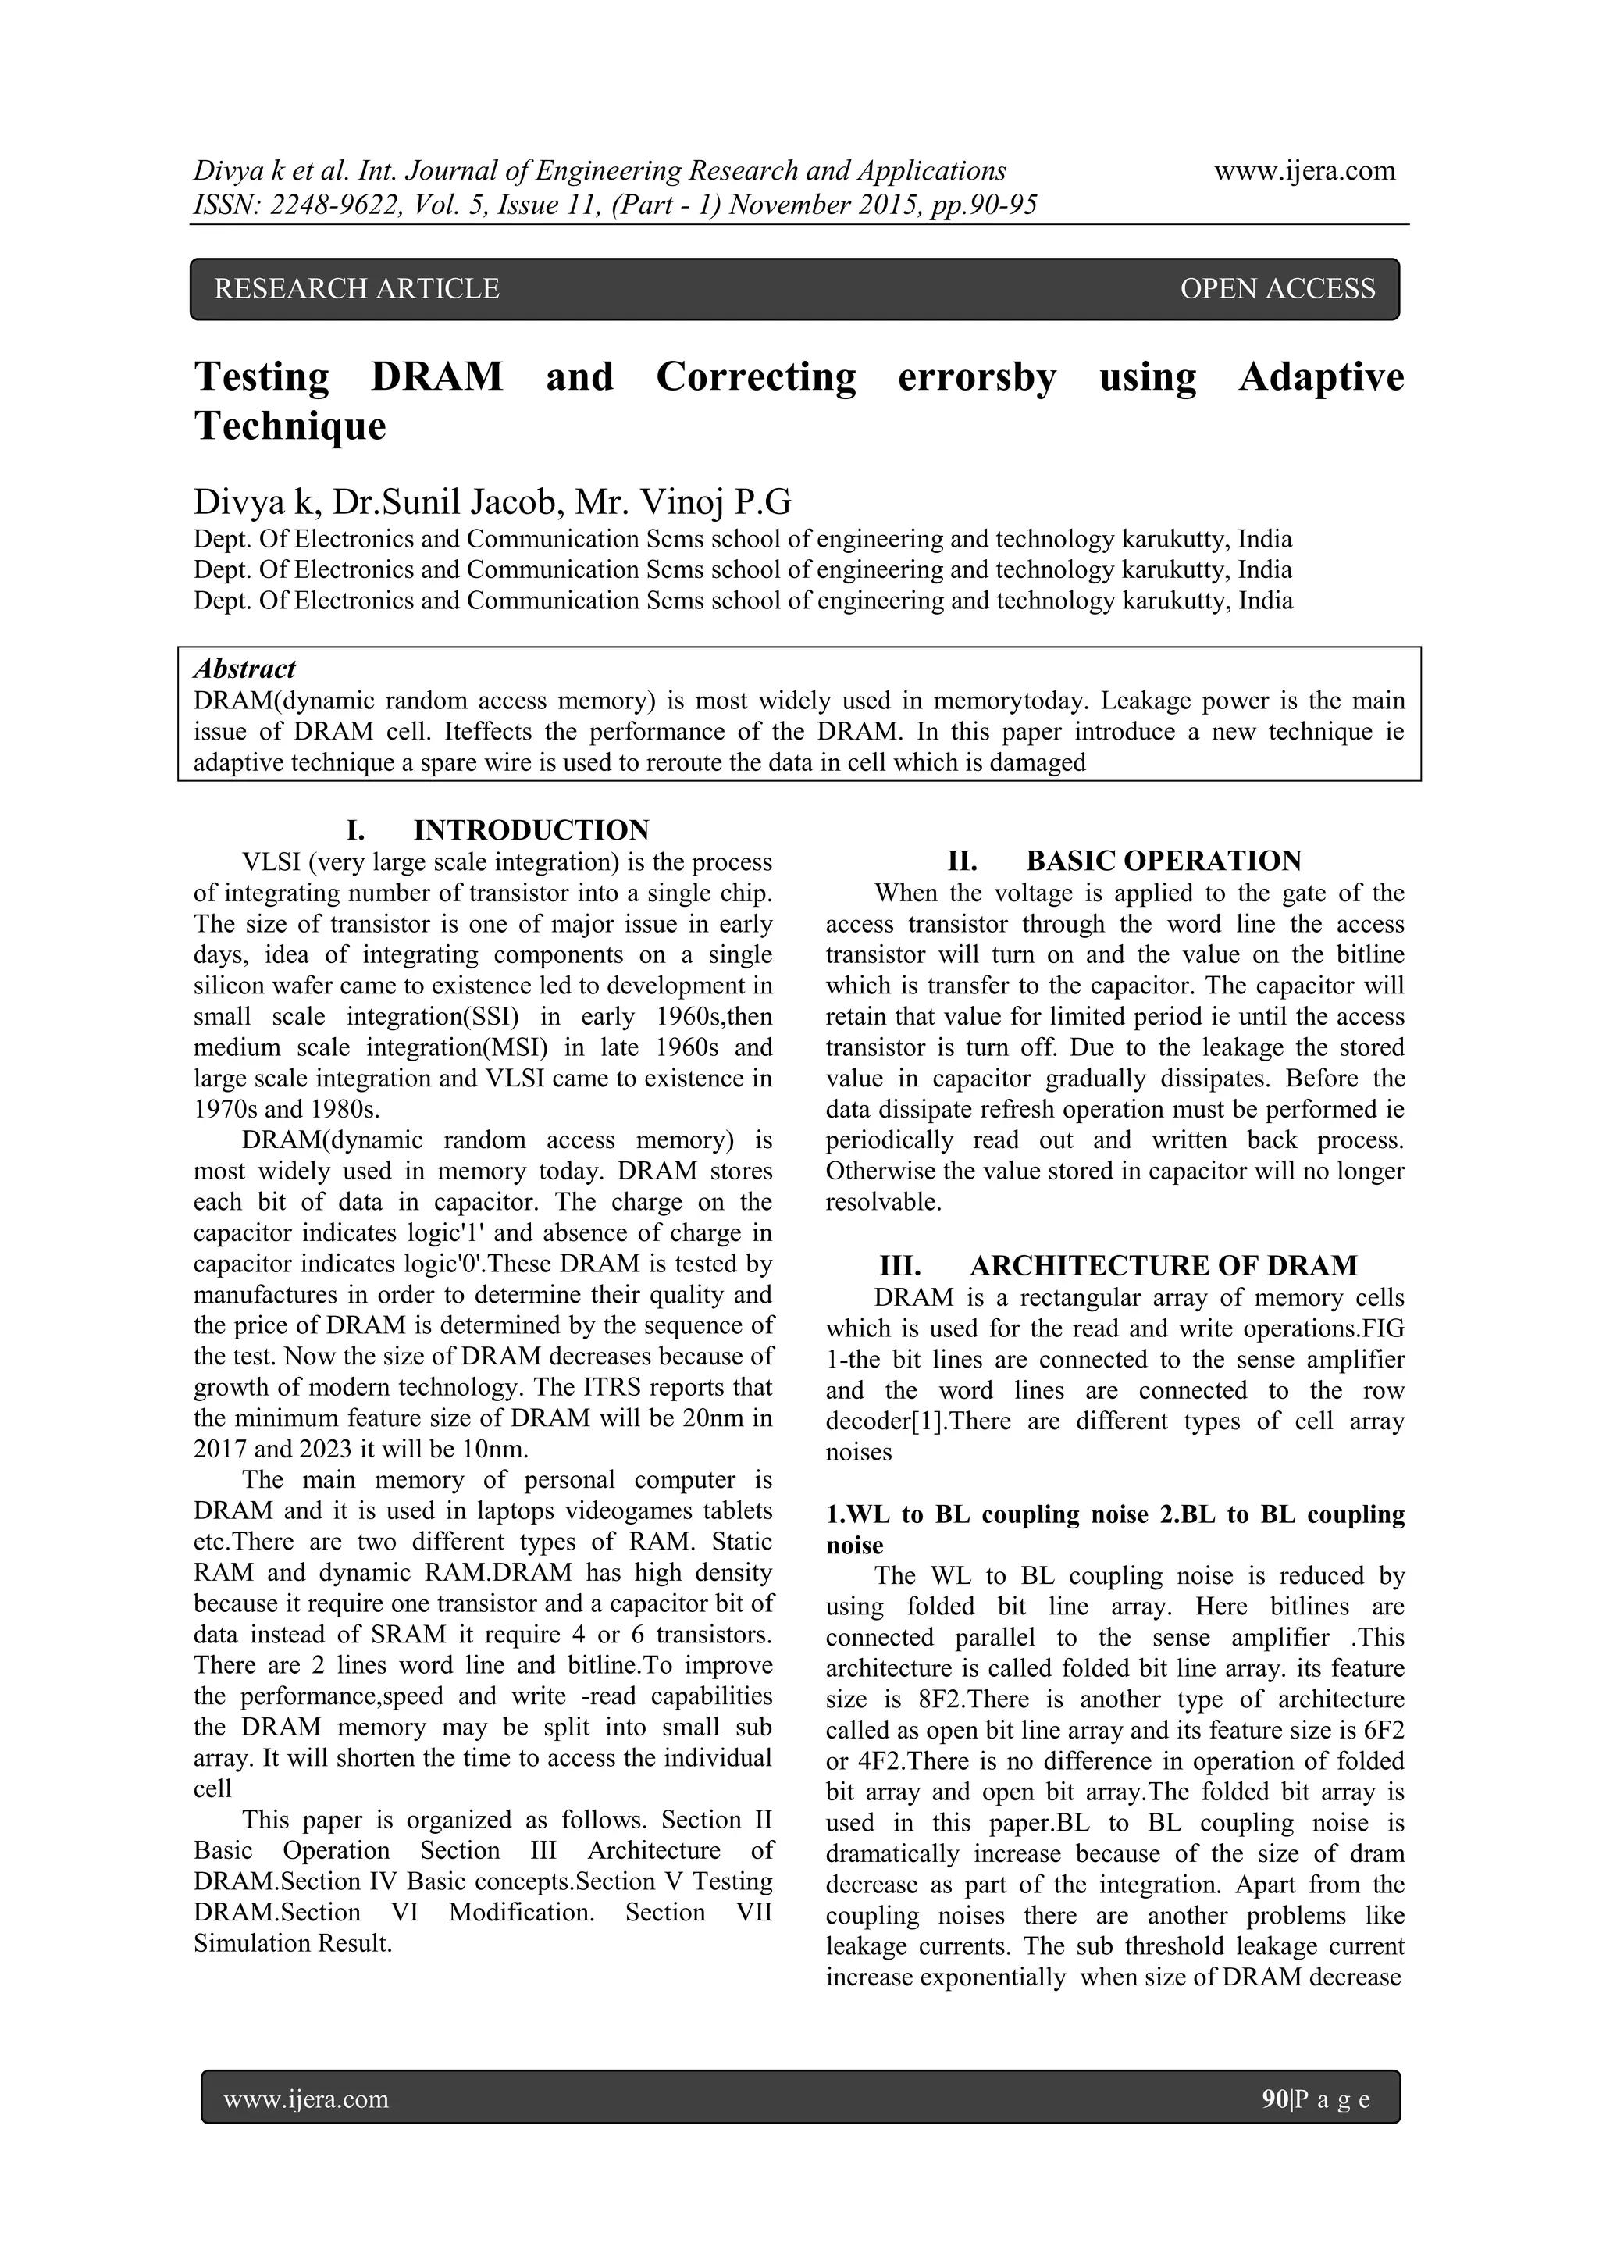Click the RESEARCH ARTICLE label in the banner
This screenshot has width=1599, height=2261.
click(x=357, y=288)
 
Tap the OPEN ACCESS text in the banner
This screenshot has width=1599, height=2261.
click(x=1277, y=288)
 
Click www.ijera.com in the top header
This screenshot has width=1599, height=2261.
click(x=1305, y=171)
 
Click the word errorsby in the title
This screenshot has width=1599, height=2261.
click(x=976, y=376)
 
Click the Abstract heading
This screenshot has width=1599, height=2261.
click(x=244, y=669)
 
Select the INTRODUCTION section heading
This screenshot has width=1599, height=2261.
click(x=531, y=829)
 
